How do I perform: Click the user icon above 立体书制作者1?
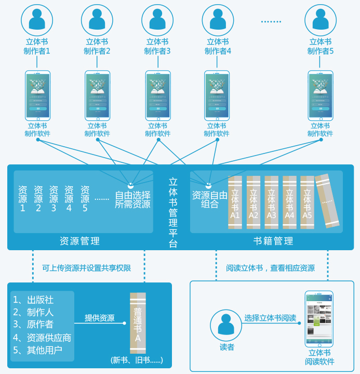(37, 19)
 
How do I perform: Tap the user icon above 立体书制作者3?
(157, 19)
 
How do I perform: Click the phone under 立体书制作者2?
(98, 96)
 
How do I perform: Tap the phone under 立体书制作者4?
(217, 96)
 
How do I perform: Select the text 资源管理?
(79, 241)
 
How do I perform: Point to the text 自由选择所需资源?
(132, 200)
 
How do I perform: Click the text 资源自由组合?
(209, 200)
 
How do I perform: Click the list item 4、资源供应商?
(42, 338)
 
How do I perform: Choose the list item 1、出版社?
(33, 300)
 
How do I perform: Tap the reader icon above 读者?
(226, 325)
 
